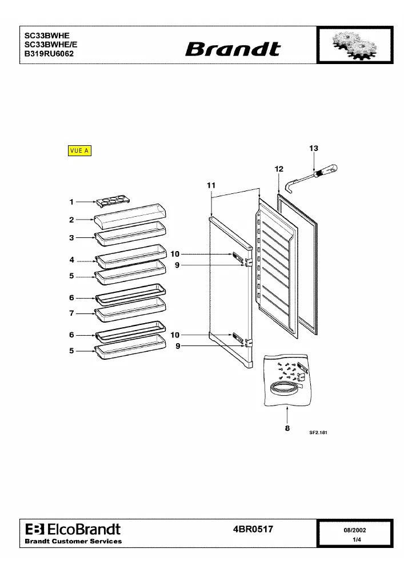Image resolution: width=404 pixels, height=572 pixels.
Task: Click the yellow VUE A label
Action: [x=79, y=150]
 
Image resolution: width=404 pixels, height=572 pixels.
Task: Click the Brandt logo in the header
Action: [x=233, y=49]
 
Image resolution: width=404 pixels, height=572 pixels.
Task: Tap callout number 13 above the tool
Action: [x=314, y=149]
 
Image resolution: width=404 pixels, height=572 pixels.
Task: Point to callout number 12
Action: [x=279, y=169]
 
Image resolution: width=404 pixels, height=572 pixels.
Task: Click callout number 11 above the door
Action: [x=211, y=185]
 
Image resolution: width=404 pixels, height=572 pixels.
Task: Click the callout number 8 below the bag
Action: [x=287, y=428]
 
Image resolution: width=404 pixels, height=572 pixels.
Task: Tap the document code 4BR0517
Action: [x=253, y=529]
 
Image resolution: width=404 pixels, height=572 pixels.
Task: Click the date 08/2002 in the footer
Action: [x=355, y=530]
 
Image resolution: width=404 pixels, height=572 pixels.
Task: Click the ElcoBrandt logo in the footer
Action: [x=73, y=529]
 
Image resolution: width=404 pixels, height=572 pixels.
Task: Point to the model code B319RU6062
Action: [x=49, y=54]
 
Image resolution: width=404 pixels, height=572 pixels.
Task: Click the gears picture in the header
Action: [x=354, y=45]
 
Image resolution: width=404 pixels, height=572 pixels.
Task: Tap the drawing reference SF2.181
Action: [x=318, y=432]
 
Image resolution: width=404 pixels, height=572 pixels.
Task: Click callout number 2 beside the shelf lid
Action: [x=71, y=220]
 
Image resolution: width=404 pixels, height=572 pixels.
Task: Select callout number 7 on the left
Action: [x=71, y=313]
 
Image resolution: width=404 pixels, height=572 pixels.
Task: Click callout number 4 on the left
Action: [x=72, y=260]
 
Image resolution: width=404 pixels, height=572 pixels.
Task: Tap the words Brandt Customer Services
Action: [x=73, y=541]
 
